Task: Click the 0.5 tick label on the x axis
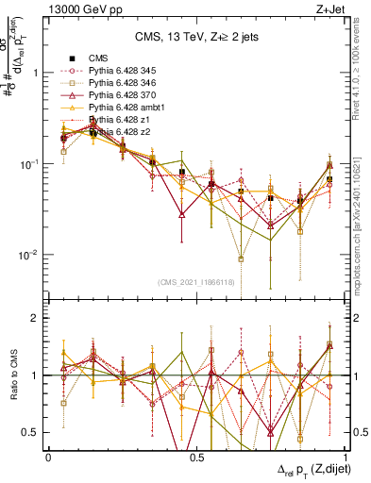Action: coord(196,457)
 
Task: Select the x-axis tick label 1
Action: coord(345,457)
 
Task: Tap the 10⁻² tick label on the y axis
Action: coord(29,255)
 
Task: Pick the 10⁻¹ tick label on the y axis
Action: coord(29,164)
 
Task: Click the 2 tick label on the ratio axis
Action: coord(35,319)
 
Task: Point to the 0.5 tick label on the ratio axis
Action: coord(31,433)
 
